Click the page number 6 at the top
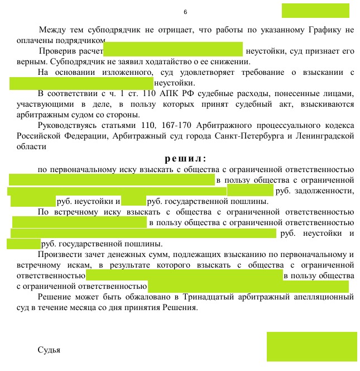(x=185, y=12)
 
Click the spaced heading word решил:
(x=185, y=158)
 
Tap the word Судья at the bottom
(x=49, y=350)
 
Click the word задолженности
(x=329, y=191)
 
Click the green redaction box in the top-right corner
(x=315, y=11)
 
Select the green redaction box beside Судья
(x=311, y=346)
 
